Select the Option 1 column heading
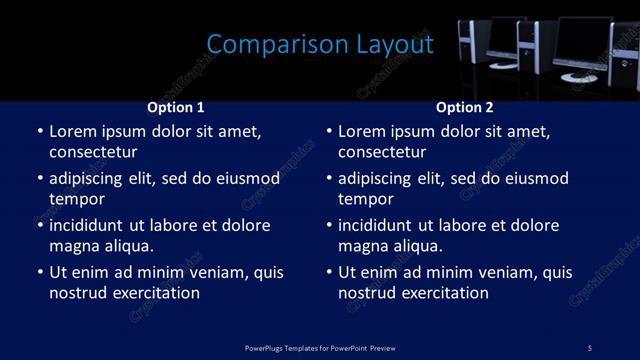tap(175, 107)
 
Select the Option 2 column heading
tap(465, 107)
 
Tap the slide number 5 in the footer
tap(590, 347)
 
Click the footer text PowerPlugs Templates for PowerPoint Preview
tap(319, 347)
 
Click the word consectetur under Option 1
tap(93, 152)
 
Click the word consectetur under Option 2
tap(382, 152)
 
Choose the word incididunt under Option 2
tap(377, 226)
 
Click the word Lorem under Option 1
tap(72, 132)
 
